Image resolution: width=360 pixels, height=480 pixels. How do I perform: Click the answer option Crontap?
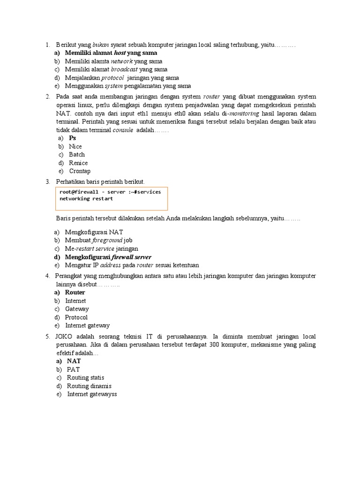click(x=80, y=171)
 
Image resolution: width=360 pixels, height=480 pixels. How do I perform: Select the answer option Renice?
click(x=78, y=163)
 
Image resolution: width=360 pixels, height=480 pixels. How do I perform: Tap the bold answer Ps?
click(x=72, y=138)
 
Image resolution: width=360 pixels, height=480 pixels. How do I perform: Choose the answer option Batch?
click(x=77, y=155)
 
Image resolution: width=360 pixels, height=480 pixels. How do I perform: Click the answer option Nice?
click(x=75, y=146)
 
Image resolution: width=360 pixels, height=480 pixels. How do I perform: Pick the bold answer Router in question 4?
click(x=75, y=292)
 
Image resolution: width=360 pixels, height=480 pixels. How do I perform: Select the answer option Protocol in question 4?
click(x=76, y=317)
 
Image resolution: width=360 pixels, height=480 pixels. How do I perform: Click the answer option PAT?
click(x=74, y=369)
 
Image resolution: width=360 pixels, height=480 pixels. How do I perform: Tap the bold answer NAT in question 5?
click(x=74, y=361)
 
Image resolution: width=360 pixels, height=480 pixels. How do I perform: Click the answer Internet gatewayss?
click(x=92, y=394)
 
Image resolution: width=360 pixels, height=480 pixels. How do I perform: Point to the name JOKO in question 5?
click(x=65, y=337)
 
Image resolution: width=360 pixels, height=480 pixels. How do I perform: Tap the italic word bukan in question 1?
click(x=101, y=45)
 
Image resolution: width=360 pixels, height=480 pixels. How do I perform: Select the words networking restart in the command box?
click(x=86, y=198)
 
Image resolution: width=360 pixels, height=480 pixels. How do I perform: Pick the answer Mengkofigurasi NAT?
click(x=94, y=232)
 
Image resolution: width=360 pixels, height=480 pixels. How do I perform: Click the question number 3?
click(x=47, y=181)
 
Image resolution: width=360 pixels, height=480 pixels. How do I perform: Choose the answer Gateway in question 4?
click(x=77, y=309)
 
